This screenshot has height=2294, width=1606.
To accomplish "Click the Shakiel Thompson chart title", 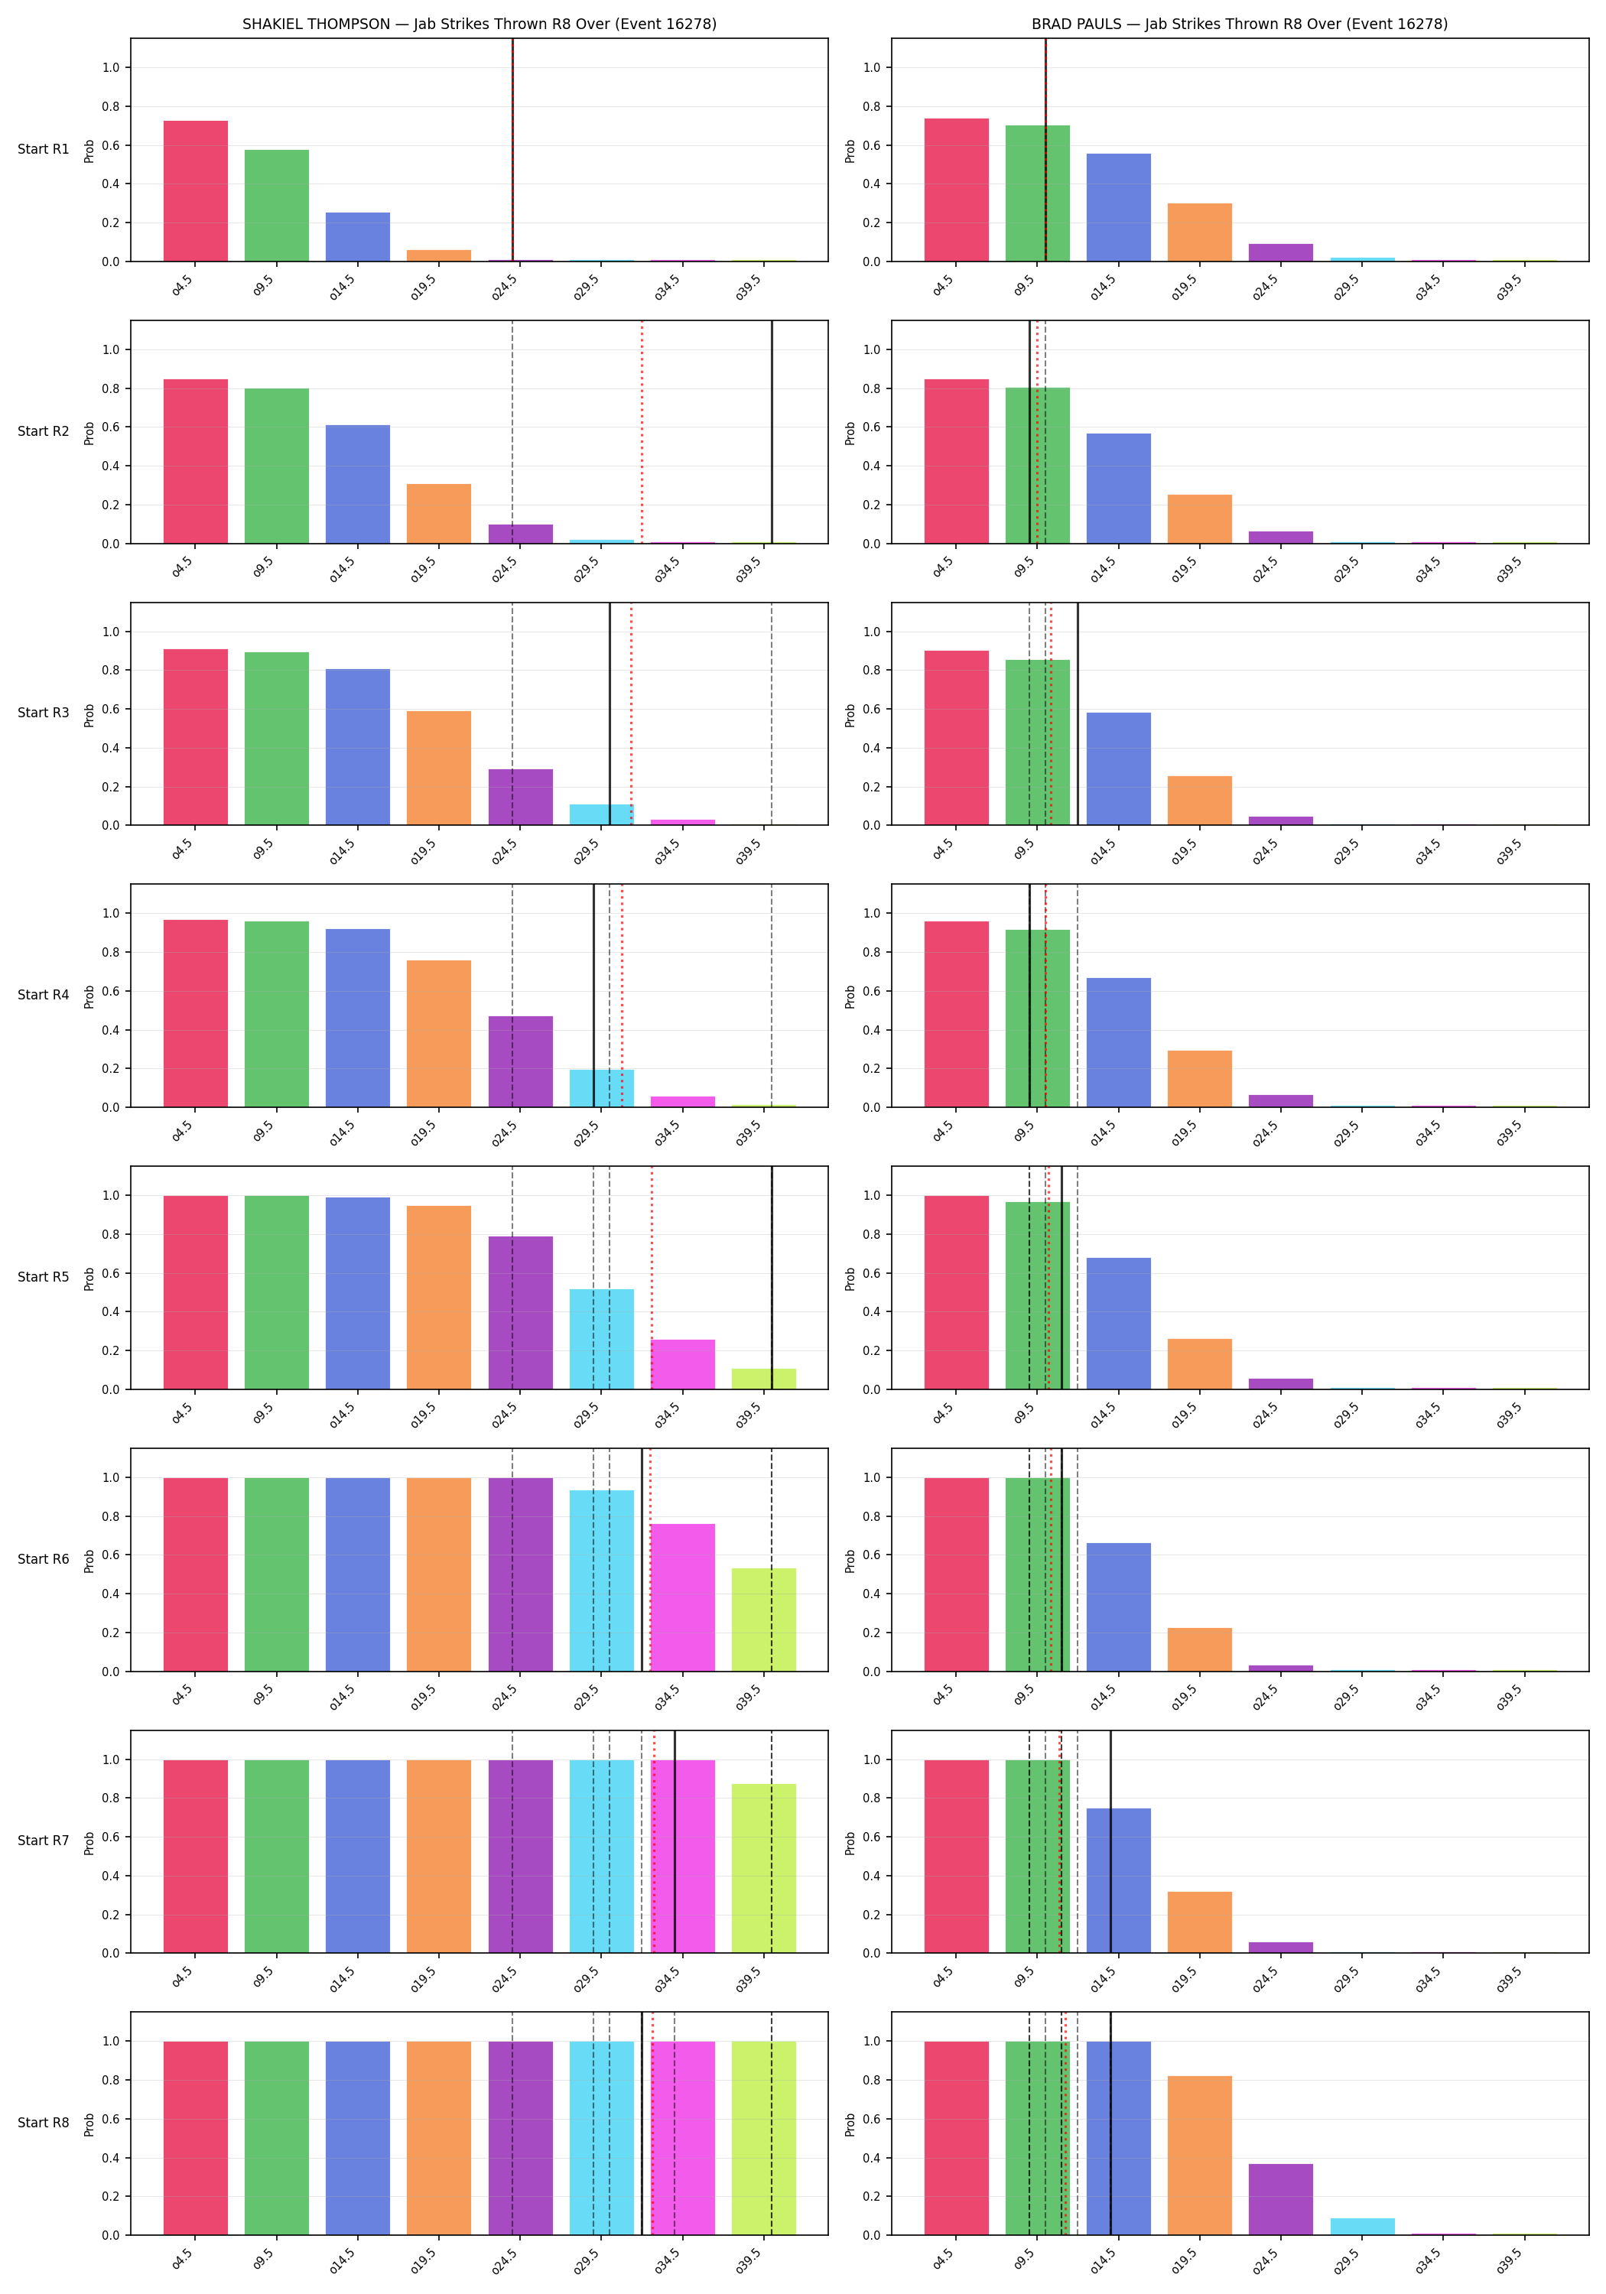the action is [480, 24].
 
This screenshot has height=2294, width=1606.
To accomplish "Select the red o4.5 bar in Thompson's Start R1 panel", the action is [196, 191].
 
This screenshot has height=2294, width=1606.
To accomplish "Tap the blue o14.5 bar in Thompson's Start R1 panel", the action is [358, 237].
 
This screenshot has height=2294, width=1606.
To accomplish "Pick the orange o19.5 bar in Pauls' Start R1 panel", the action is [1199, 232].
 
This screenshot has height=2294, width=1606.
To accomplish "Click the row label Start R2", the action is [43, 431].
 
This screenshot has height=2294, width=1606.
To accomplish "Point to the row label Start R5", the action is [43, 1277].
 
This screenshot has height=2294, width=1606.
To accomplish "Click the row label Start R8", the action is [43, 2122].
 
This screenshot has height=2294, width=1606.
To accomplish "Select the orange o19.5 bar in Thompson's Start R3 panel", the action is [439, 768].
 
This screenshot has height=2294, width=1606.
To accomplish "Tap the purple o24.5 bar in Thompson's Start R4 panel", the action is [521, 1061].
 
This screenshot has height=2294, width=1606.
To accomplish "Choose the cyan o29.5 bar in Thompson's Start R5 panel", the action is [602, 1339].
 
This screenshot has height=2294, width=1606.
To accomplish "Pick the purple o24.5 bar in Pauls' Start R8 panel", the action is [1281, 2199].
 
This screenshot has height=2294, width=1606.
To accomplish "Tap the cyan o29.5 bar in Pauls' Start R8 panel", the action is [1362, 2227].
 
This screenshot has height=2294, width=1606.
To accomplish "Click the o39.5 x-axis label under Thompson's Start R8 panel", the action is [749, 2260].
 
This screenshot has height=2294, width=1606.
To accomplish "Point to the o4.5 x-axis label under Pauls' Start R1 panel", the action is [942, 287].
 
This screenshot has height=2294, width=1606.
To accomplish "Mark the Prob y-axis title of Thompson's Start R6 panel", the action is [89, 1561].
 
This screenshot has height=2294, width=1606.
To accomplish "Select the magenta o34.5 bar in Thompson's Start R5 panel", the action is [683, 1365].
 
